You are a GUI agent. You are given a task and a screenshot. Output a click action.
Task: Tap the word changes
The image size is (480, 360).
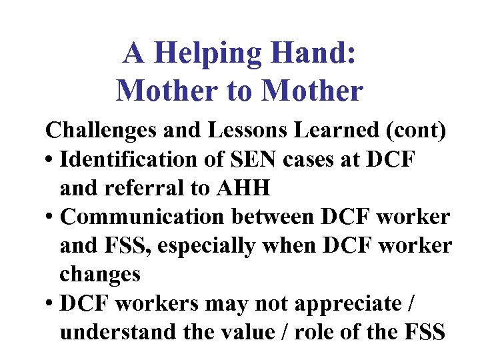pyautogui.click(x=100, y=274)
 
